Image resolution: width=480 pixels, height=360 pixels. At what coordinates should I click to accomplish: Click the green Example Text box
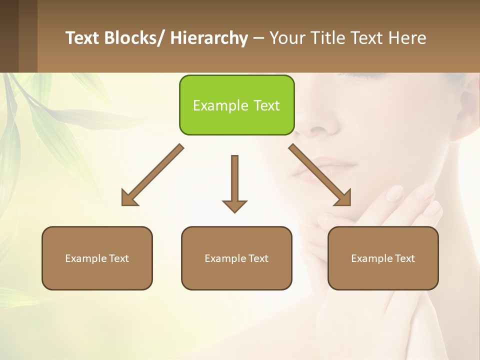pyautogui.click(x=236, y=105)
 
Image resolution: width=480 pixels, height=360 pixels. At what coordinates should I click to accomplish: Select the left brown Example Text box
pyautogui.click(x=97, y=258)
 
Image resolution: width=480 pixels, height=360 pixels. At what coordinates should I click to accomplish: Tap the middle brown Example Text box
pyautogui.click(x=236, y=258)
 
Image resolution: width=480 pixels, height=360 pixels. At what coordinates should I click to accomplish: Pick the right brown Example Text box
pyautogui.click(x=383, y=258)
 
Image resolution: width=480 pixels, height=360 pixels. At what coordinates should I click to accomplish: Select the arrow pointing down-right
pyautogui.click(x=320, y=175)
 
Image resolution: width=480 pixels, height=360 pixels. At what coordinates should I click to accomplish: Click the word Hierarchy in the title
pyautogui.click(x=209, y=38)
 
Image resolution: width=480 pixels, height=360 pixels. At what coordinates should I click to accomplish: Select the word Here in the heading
pyautogui.click(x=408, y=38)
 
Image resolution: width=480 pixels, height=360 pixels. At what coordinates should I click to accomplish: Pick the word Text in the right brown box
pyautogui.click(x=404, y=258)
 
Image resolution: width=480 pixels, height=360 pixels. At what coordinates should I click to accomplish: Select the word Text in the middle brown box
pyautogui.click(x=258, y=258)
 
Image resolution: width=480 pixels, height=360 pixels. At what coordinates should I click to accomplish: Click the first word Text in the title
pyautogui.click(x=83, y=38)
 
